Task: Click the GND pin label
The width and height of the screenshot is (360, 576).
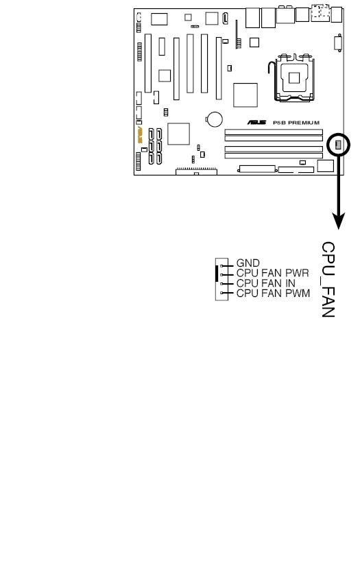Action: (x=248, y=263)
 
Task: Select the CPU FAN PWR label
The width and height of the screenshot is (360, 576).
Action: (x=273, y=273)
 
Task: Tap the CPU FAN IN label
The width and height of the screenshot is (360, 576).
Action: (x=266, y=283)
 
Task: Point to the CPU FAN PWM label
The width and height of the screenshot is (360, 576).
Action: (x=274, y=293)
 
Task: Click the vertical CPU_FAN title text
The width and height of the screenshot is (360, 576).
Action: (x=328, y=279)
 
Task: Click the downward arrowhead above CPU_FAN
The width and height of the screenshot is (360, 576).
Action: (x=338, y=221)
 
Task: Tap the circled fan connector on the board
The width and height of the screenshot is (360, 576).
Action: (x=338, y=145)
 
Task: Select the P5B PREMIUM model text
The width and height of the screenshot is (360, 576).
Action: (x=296, y=123)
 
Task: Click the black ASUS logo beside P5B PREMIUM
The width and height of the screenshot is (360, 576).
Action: (x=256, y=123)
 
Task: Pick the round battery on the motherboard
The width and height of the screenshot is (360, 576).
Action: (x=215, y=119)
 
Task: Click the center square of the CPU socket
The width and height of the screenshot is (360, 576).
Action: (x=294, y=78)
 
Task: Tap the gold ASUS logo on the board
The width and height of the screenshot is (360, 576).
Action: (x=140, y=135)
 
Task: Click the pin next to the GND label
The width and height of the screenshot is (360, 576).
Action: (x=222, y=265)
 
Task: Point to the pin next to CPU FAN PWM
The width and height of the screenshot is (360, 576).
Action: (x=222, y=293)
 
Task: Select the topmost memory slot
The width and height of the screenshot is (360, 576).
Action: (x=274, y=132)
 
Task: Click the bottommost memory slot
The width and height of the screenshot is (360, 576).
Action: (x=274, y=156)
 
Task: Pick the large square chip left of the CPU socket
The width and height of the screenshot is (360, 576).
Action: (x=245, y=95)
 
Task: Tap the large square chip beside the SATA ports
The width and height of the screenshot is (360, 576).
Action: (x=178, y=134)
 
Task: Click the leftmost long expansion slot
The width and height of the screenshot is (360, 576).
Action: (x=148, y=63)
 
